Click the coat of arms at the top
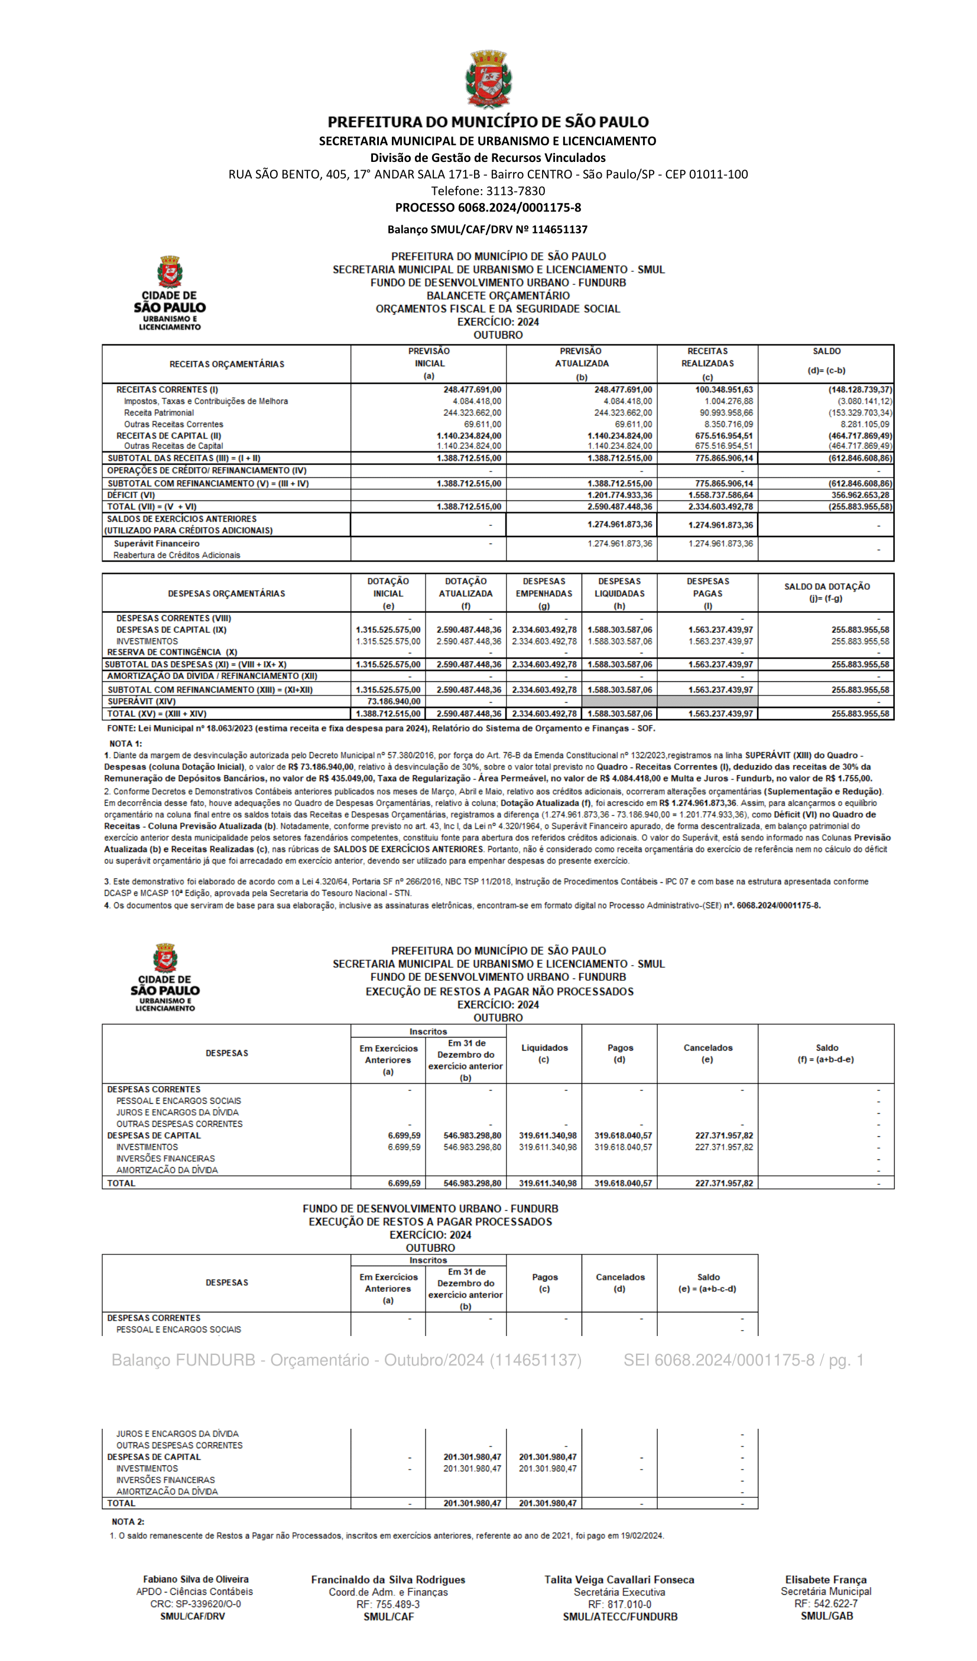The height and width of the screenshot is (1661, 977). coord(488,79)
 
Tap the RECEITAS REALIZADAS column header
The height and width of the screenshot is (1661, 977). coord(707,363)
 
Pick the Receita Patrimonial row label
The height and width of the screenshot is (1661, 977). coord(159,413)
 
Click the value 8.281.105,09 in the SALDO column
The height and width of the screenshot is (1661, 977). coord(864,424)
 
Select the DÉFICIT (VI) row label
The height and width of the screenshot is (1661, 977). coord(131,495)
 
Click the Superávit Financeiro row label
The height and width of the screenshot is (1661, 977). coord(156,544)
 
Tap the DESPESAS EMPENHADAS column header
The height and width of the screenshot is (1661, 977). coord(544,593)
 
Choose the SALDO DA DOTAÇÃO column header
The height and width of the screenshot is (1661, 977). coord(827,593)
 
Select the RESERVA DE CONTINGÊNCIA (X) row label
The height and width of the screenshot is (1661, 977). coord(172,652)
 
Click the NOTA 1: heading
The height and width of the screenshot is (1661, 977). coord(125,743)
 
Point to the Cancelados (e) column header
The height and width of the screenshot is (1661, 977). coord(707,1054)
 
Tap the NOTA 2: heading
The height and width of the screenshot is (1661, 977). coord(128,1522)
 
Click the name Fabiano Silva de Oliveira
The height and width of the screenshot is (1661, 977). coord(196,1579)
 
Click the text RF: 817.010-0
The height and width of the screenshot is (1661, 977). coord(619,1604)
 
